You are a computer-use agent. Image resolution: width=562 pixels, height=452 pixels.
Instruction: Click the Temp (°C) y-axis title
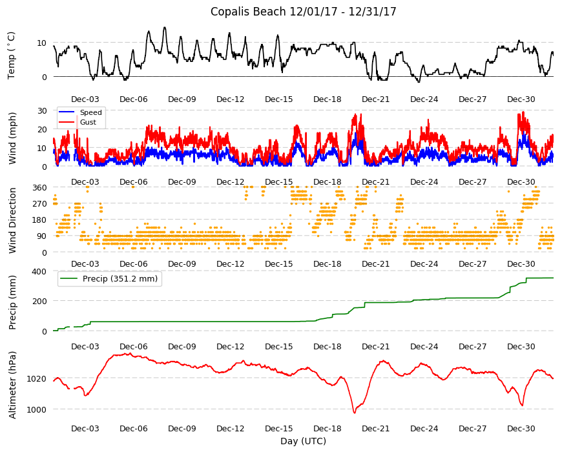[12, 56]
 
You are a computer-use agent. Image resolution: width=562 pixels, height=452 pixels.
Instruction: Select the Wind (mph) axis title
[12, 138]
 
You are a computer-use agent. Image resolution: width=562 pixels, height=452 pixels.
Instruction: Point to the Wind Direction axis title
[12, 221]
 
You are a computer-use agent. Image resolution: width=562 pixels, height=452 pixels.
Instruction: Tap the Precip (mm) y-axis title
[12, 302]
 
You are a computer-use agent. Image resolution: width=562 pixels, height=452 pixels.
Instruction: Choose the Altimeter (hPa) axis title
[12, 385]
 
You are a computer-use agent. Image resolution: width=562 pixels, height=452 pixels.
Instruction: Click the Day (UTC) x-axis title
[303, 441]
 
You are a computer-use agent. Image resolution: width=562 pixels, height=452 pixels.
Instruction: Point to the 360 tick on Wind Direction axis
[39, 187]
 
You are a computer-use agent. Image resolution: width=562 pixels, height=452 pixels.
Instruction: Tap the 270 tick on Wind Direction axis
[39, 204]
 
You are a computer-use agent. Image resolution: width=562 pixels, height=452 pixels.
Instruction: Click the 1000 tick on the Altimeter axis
[37, 409]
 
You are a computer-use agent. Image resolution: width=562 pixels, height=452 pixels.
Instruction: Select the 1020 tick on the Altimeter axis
[37, 378]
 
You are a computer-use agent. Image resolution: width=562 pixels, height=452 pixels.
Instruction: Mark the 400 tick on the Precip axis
[39, 271]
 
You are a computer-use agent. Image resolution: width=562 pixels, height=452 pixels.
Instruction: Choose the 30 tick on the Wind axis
[42, 110]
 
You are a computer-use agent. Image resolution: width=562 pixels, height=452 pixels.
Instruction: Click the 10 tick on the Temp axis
[42, 43]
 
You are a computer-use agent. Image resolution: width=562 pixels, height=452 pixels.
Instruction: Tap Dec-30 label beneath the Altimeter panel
[521, 428]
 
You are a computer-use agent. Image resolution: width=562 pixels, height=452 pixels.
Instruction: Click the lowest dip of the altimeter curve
[355, 413]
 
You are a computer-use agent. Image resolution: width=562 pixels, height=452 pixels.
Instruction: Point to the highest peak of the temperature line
[165, 28]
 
